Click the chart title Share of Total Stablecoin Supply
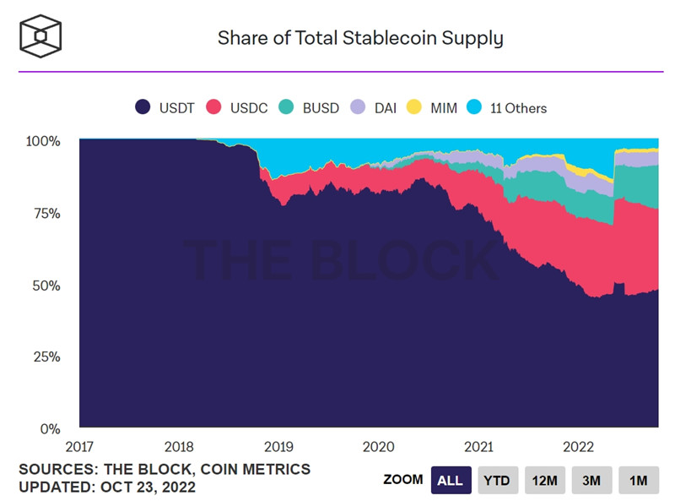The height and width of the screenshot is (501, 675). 360,38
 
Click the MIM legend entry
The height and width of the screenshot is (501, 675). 432,108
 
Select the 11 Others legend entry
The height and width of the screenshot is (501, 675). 509,108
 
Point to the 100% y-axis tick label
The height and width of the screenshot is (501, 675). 42,141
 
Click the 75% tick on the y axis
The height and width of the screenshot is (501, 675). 46,213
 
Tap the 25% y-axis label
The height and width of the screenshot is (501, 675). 46,357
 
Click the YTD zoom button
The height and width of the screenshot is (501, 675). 497,480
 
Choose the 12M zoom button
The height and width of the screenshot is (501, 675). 544,480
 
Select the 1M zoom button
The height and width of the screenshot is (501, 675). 638,480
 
